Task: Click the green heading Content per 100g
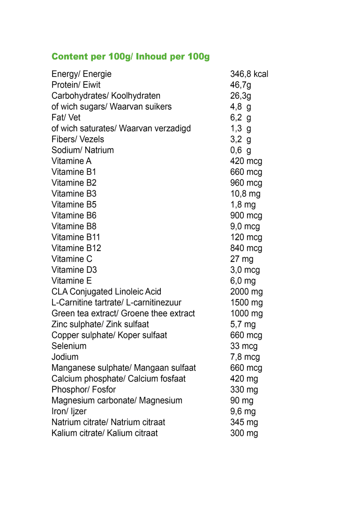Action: click(130, 57)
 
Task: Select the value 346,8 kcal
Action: click(249, 74)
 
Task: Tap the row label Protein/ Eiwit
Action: click(75, 85)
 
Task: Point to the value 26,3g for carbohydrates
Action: click(240, 96)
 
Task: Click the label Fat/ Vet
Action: click(66, 118)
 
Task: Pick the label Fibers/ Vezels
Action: click(78, 139)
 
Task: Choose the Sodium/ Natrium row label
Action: click(82, 150)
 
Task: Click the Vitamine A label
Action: click(71, 161)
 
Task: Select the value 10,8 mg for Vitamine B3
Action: click(245, 194)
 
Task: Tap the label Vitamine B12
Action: click(76, 248)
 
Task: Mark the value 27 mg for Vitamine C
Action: click(241, 259)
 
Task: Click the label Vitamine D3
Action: click(74, 270)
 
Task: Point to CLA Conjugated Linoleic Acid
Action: click(106, 292)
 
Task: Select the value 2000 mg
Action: click(246, 292)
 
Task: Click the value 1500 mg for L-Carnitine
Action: click(246, 303)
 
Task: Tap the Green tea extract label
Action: click(123, 314)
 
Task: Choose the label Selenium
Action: click(69, 346)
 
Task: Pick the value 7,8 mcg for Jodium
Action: click(245, 357)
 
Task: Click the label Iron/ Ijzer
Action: click(69, 412)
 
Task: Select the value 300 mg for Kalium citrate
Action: click(244, 433)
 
